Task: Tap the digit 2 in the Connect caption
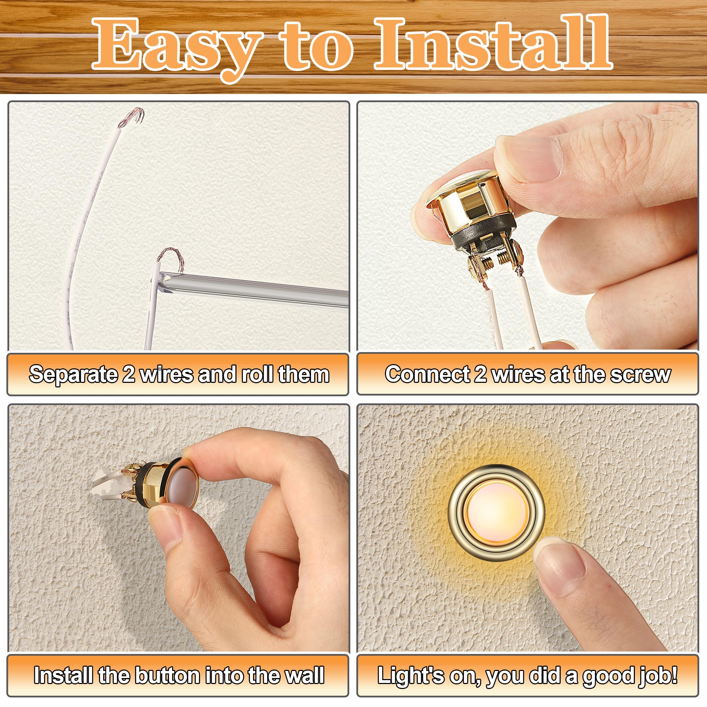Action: tap(480, 374)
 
